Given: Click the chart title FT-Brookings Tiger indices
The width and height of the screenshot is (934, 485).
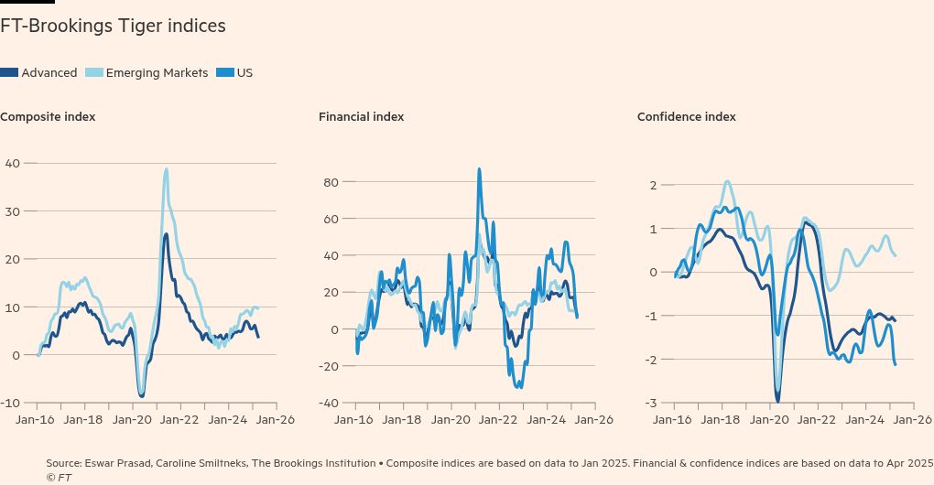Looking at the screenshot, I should coord(113,27).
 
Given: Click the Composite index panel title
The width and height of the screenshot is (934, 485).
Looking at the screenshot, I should coord(48,117).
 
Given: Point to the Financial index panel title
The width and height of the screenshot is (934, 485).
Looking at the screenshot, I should coord(362,117).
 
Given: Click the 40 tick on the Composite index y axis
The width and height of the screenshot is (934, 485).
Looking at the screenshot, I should coord(12,163).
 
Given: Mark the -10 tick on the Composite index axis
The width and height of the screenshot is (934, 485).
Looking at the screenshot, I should coord(9,404).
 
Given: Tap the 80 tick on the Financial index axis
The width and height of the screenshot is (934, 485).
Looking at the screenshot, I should coord(331,182).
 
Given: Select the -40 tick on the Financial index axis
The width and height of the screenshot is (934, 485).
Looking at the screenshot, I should coord(328,404).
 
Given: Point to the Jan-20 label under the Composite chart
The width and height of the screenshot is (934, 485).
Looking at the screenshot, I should coord(131,420).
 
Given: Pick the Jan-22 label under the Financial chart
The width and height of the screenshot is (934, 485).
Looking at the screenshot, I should coord(497,420).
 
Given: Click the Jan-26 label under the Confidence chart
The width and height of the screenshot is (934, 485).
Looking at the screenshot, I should coord(911,420).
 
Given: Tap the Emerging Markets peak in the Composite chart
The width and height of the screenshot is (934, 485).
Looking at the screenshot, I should coord(166,168).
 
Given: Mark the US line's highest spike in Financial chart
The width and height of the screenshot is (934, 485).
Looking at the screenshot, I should coord(479,168).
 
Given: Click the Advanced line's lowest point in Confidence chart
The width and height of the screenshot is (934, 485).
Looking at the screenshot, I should coord(778,401).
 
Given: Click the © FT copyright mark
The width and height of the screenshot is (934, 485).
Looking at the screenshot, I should coord(59,478).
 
